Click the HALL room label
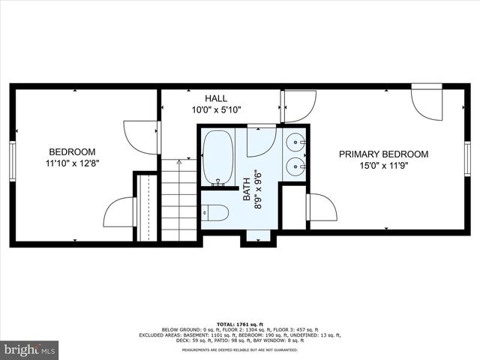(x=216, y=98)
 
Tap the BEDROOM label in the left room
(x=72, y=149)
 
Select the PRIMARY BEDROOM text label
(x=383, y=154)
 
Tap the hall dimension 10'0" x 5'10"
(x=216, y=109)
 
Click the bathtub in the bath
(x=218, y=157)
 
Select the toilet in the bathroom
(x=214, y=213)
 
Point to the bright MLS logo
(x=30, y=349)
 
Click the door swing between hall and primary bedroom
(x=298, y=105)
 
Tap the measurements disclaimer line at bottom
(x=239, y=350)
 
